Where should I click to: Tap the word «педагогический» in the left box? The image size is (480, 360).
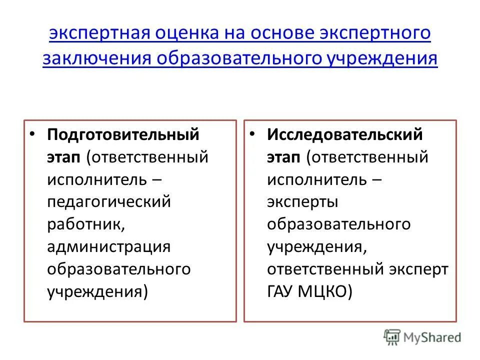click(109, 202)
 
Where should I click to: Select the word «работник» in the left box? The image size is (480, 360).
click(84, 224)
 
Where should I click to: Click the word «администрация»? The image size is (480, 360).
click(109, 247)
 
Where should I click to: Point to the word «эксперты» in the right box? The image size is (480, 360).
click(302, 202)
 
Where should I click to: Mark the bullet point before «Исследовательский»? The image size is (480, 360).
click(253, 134)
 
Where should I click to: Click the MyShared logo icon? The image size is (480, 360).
click(391, 337)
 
